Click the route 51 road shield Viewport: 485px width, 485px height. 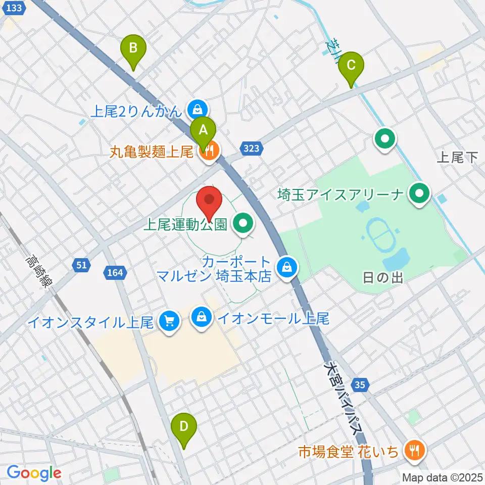(x=81, y=265)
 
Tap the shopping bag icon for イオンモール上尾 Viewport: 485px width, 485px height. (x=202, y=318)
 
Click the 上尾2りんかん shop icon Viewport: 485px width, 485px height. (x=197, y=109)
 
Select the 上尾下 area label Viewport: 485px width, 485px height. (x=457, y=158)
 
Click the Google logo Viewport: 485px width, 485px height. (x=33, y=473)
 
